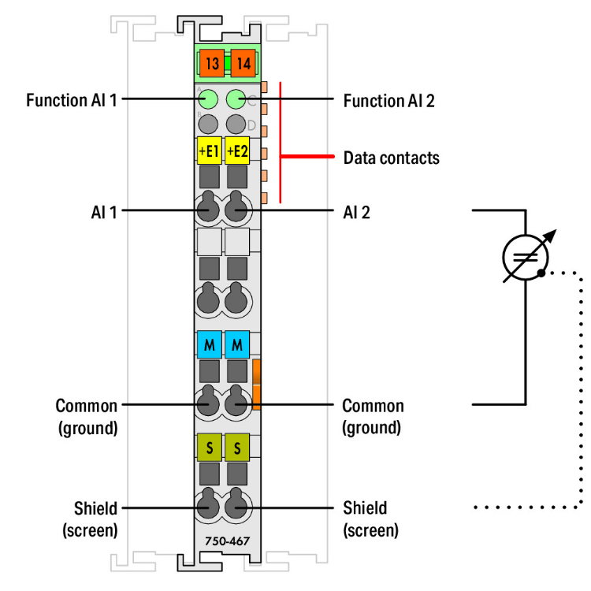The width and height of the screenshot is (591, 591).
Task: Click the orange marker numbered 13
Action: pos(211,64)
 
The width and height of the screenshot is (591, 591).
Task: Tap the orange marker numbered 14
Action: pos(243,64)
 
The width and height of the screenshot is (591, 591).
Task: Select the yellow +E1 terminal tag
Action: pos(209,149)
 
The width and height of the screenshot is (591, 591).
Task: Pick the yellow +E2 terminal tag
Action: pos(237,149)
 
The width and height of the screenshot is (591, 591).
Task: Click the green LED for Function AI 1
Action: pos(209,99)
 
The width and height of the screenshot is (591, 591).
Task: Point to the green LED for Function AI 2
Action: pos(236,99)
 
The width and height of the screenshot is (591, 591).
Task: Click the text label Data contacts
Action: pos(391,158)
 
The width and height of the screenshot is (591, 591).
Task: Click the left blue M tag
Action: pos(209,344)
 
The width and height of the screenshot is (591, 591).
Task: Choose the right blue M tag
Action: pos(237,344)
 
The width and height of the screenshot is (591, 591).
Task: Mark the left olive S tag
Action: pos(209,447)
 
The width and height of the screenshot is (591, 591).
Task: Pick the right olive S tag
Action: pos(237,447)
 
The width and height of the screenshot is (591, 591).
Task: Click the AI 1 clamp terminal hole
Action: pos(209,210)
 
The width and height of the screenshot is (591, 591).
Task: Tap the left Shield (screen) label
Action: pos(90,519)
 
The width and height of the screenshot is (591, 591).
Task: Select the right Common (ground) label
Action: pos(373,416)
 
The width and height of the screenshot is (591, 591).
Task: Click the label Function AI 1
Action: pos(72,100)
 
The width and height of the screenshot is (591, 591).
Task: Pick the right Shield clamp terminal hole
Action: pos(236,507)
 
